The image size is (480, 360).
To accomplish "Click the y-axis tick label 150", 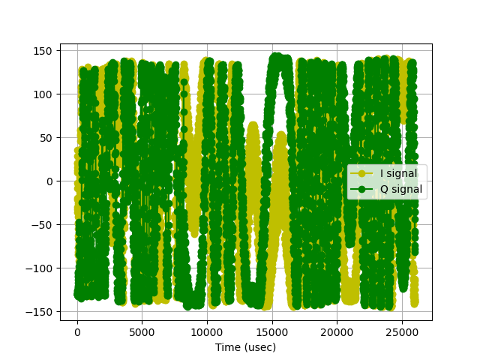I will point(46,51).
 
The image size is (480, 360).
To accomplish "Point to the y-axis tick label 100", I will point(46,94).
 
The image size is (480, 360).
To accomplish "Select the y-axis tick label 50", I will point(49,138).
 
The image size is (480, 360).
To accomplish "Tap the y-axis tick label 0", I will point(52,181).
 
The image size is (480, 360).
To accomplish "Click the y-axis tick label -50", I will point(46,225).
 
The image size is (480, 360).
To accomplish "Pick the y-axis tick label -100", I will point(43,268).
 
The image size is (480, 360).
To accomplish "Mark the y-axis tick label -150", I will point(43,311).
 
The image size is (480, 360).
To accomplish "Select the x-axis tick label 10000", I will point(207,331).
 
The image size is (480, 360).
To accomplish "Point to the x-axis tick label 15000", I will point(272,331).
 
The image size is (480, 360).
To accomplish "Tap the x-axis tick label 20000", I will point(337,331).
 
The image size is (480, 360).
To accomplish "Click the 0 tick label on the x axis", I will point(77,331).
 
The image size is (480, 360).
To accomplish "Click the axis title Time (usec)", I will point(245,347).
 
